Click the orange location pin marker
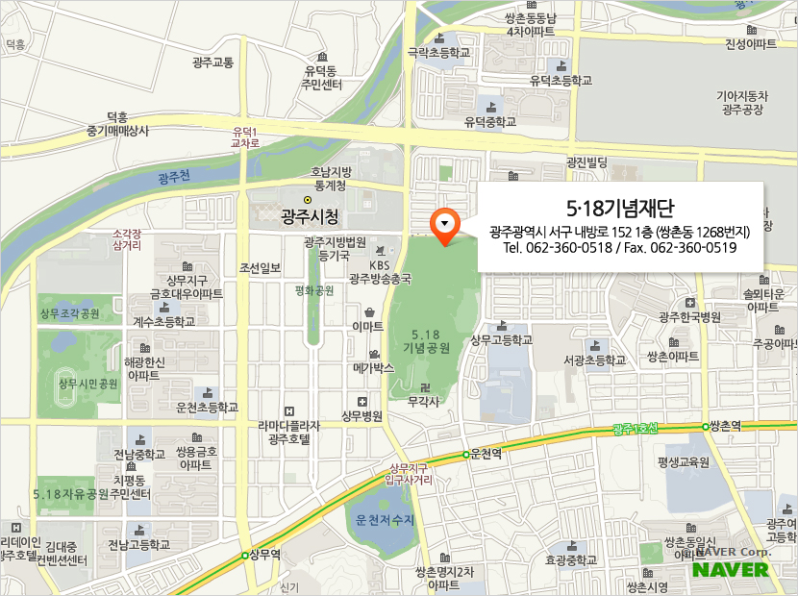[444, 226]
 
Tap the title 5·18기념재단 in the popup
[620, 208]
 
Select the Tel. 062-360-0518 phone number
[558, 248]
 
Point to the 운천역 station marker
[466, 454]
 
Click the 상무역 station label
[264, 555]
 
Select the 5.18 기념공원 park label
[427, 340]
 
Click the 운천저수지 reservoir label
[384, 520]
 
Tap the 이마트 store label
[368, 328]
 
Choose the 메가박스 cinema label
[374, 367]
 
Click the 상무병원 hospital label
[362, 416]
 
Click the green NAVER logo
[731, 569]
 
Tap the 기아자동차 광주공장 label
[742, 102]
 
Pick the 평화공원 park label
[314, 289]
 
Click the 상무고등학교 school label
[501, 340]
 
